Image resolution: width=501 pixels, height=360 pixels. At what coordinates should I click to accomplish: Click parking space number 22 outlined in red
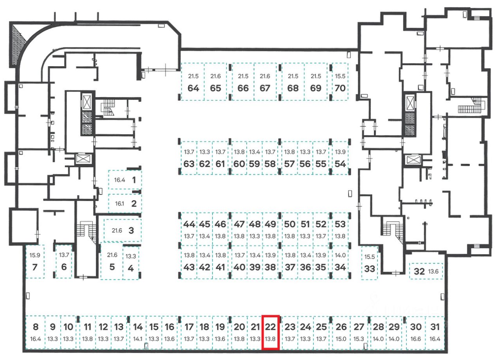(270, 332)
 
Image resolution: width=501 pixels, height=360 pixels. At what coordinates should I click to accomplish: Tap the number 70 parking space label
(341, 88)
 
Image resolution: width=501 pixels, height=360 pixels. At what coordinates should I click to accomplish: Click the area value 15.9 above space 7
(34, 255)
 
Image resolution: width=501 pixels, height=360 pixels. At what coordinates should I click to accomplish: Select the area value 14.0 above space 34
(341, 255)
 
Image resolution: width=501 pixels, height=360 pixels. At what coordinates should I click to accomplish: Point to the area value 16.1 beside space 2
(120, 204)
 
